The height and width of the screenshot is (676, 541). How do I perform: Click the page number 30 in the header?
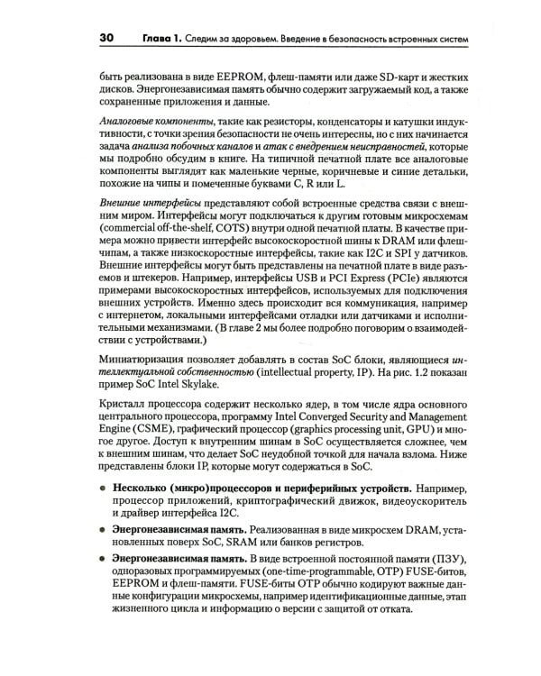click(105, 38)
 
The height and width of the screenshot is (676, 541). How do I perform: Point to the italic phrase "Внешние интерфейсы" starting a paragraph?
click(149, 206)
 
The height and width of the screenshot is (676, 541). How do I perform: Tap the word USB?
click(311, 292)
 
